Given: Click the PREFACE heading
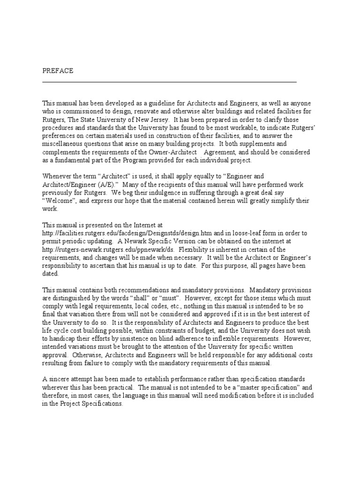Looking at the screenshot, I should (58, 71).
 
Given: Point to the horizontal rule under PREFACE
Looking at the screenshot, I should (169, 82).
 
